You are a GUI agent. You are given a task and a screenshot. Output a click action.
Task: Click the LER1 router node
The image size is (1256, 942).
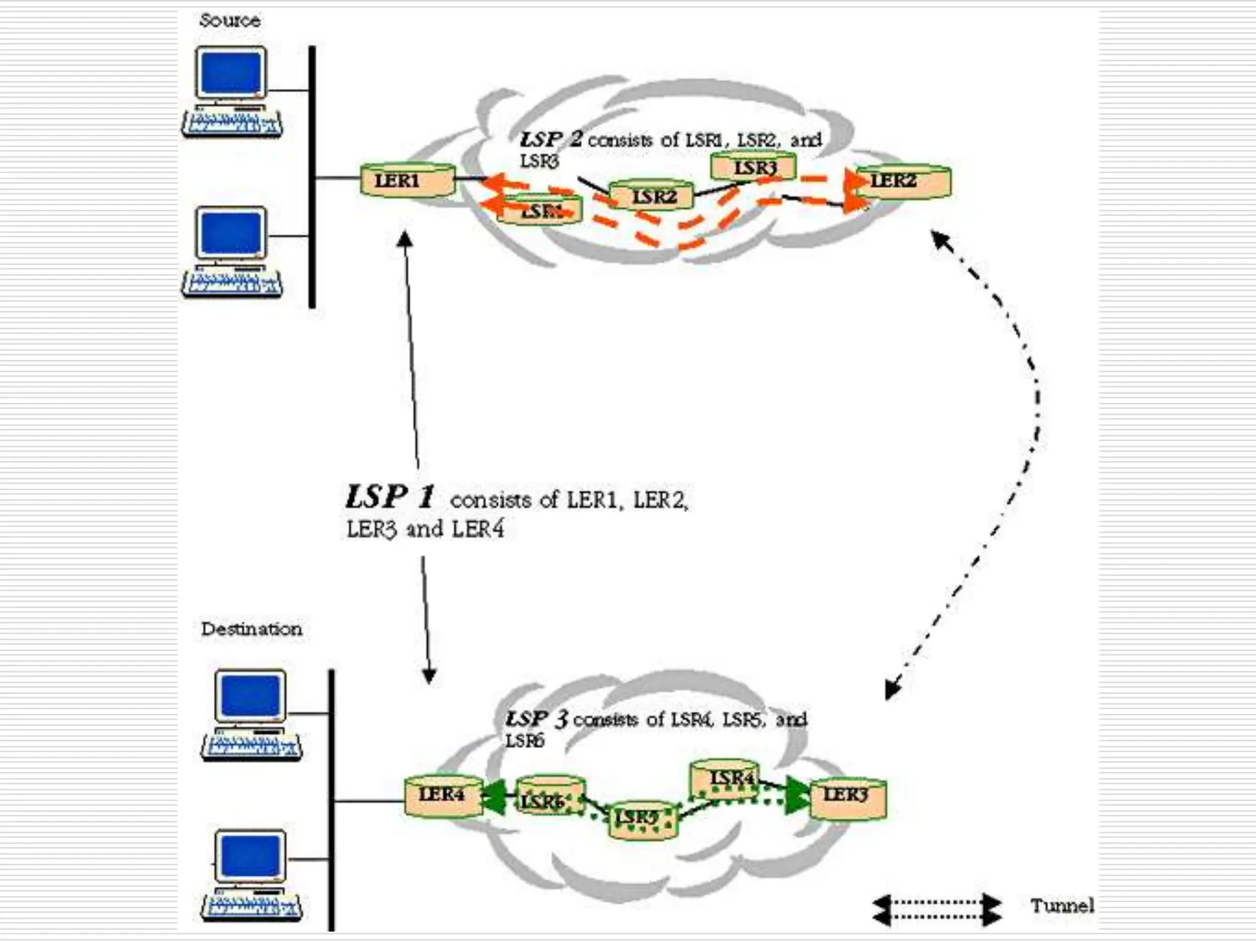(407, 180)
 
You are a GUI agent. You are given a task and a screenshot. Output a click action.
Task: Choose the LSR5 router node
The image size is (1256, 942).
(641, 818)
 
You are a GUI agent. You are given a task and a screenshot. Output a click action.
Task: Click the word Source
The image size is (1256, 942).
(229, 20)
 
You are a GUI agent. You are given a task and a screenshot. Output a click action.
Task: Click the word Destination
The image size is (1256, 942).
(251, 629)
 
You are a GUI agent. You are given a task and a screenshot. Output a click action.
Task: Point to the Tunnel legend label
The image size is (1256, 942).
(1062, 905)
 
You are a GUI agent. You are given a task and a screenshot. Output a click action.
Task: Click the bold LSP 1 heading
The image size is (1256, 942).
(390, 497)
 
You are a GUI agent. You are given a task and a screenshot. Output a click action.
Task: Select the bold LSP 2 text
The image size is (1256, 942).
(550, 139)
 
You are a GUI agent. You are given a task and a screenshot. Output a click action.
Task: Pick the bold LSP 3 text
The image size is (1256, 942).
(536, 719)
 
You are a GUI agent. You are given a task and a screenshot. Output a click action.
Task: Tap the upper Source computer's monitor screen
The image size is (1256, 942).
(231, 72)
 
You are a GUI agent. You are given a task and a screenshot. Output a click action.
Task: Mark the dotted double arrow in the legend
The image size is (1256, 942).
(936, 909)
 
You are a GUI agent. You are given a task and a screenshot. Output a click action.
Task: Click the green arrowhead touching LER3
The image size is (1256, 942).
(797, 795)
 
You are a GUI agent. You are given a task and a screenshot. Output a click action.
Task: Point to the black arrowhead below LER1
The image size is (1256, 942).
(405, 238)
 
